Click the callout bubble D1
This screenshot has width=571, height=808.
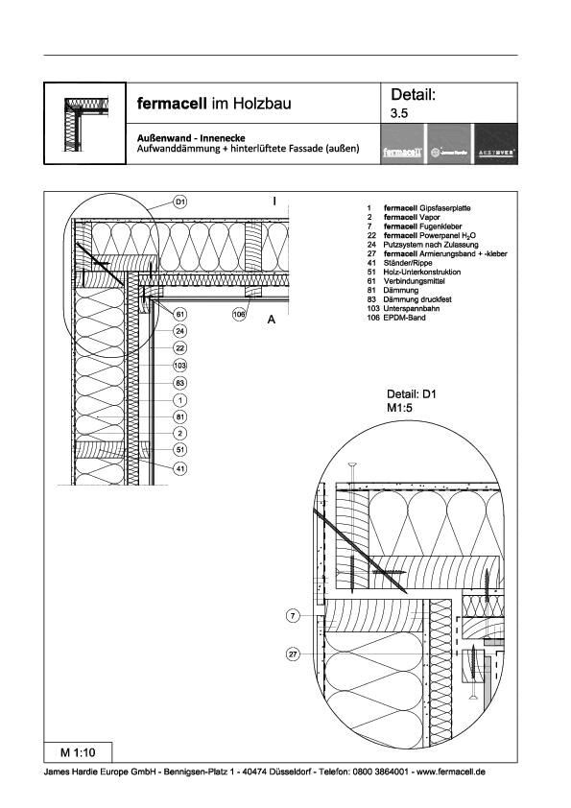(179, 202)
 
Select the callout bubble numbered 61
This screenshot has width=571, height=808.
(179, 313)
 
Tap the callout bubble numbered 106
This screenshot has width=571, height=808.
(239, 313)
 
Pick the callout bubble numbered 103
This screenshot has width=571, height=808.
(179, 366)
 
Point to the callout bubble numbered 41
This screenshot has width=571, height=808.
(179, 468)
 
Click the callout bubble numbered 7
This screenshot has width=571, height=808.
(294, 614)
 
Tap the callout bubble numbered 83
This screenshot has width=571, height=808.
(179, 383)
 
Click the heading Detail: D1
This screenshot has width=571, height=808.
(412, 394)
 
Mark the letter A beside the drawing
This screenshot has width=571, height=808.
(272, 321)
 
